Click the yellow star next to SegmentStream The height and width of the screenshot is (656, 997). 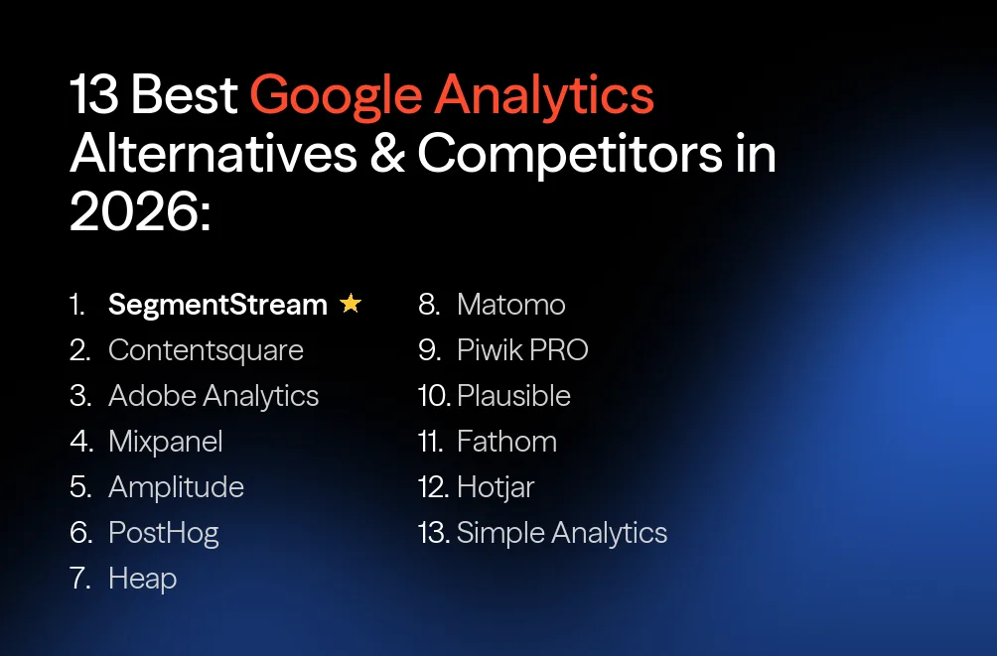(350, 304)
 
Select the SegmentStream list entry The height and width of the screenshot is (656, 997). (217, 305)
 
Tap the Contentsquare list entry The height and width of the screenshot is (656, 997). (206, 350)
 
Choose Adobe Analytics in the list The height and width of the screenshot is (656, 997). (214, 396)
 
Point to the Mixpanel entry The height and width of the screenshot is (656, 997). (165, 442)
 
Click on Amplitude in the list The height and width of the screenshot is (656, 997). (176, 487)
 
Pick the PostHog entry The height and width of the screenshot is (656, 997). (163, 533)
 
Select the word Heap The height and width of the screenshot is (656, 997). (142, 579)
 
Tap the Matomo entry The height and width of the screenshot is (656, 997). (510, 305)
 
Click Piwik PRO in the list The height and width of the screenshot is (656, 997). (522, 350)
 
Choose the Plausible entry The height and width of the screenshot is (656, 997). (513, 396)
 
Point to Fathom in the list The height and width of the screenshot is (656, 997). (506, 442)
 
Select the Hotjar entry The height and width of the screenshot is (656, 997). (496, 487)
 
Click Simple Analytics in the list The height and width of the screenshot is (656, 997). (561, 533)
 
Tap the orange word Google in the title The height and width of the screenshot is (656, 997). (335, 96)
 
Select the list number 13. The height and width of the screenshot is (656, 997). (434, 533)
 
